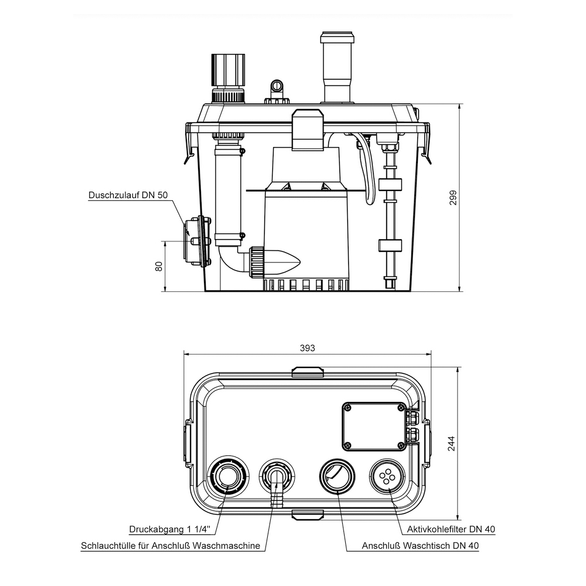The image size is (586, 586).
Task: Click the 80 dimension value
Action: (158, 266)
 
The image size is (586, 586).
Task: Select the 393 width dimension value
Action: (308, 347)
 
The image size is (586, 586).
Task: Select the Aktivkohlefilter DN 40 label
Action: (451, 529)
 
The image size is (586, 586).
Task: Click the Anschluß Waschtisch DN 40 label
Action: (421, 546)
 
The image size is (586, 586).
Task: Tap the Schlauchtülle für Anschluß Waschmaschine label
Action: (171, 546)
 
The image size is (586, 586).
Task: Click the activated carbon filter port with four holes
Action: (387, 478)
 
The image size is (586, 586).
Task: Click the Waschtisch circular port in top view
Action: (337, 476)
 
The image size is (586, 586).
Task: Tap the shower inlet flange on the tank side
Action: (196, 241)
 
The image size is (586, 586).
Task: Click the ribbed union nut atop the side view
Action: (227, 70)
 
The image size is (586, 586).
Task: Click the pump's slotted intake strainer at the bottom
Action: (306, 285)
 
